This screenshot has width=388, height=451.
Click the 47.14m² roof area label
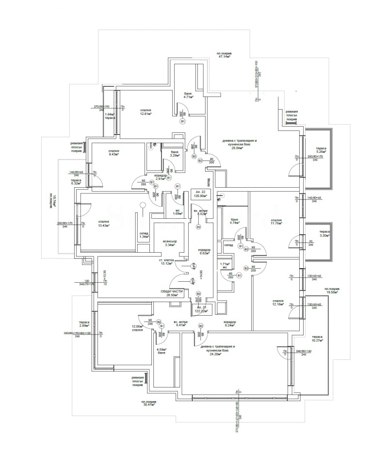click(224, 55)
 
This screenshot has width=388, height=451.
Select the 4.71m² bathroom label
click(189, 95)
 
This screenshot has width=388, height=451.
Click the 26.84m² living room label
click(232, 144)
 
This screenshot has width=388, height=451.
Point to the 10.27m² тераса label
click(318, 338)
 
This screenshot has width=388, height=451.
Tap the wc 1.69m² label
click(164, 212)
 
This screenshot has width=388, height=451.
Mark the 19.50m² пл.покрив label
click(332, 290)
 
